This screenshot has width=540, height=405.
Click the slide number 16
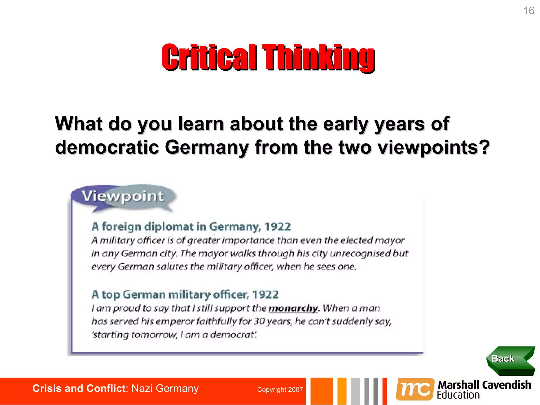point(528,11)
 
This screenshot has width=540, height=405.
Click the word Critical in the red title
point(209,57)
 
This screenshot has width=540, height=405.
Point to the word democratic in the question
point(107,147)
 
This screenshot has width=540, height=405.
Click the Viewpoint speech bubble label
point(123,196)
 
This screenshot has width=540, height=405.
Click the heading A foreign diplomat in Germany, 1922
point(191,227)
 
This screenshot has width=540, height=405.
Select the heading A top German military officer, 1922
point(185,295)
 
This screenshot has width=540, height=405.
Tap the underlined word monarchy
point(293,308)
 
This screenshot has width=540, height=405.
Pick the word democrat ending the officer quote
point(232,335)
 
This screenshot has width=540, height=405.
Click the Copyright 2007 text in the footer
point(280,390)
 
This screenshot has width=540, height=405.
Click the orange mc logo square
point(415,389)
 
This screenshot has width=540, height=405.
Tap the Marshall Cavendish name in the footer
point(484,385)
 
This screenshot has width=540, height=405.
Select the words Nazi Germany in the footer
point(165,389)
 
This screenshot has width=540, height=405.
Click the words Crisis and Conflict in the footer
point(79,389)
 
